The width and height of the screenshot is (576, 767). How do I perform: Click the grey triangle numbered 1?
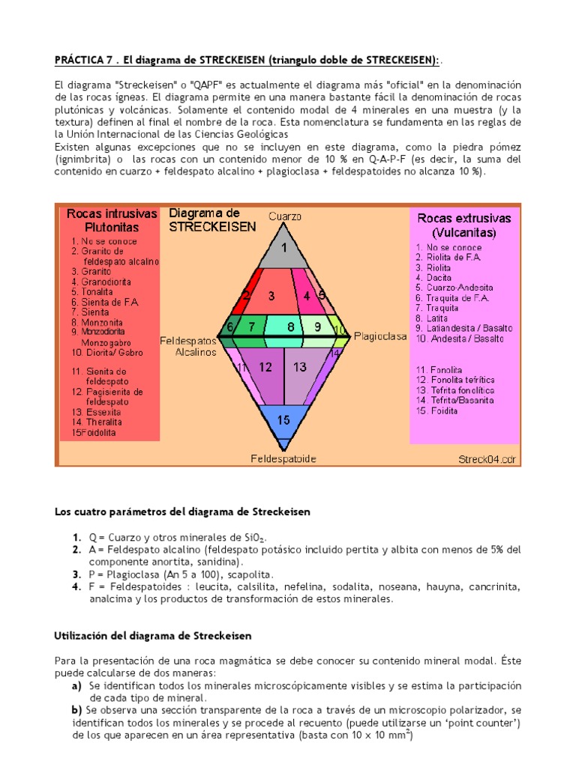[x=283, y=249]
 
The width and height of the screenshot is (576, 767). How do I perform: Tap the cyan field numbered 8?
[x=289, y=327]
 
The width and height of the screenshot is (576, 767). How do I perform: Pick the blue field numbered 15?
[x=283, y=421]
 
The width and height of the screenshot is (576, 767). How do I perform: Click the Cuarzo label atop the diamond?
[x=285, y=216]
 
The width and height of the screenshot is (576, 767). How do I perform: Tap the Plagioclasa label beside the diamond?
[x=379, y=336]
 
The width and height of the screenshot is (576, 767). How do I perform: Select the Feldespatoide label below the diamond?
[x=283, y=458]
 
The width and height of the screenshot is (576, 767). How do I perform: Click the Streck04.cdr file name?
[x=487, y=458]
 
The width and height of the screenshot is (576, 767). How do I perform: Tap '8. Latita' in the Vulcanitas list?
[x=437, y=318]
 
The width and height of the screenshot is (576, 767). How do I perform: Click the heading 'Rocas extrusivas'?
[x=464, y=218]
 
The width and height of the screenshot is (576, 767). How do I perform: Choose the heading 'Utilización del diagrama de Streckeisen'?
[x=152, y=635]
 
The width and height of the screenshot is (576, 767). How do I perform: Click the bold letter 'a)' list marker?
[x=76, y=685]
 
